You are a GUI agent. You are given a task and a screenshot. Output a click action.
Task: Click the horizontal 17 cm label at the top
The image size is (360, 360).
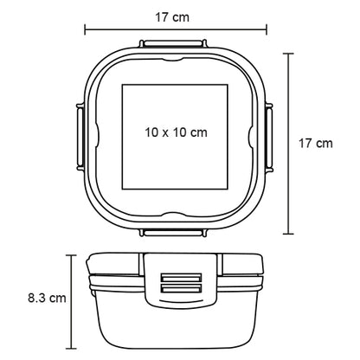(172, 17)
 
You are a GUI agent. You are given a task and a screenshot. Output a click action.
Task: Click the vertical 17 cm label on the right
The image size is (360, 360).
(315, 144)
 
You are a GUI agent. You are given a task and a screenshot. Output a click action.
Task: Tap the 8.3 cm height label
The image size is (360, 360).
(47, 298)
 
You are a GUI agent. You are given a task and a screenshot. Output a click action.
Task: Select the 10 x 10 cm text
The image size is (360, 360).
(176, 132)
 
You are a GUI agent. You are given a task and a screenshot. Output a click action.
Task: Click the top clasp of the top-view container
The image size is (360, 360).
(173, 43)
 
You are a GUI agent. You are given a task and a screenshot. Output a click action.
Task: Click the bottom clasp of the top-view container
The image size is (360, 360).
(173, 233)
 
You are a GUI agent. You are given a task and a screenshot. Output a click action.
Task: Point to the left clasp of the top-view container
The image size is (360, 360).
(80, 138)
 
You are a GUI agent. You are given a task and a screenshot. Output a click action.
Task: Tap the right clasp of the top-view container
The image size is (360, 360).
(269, 138)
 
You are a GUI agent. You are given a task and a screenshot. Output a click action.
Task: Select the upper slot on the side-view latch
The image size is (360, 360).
(181, 278)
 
